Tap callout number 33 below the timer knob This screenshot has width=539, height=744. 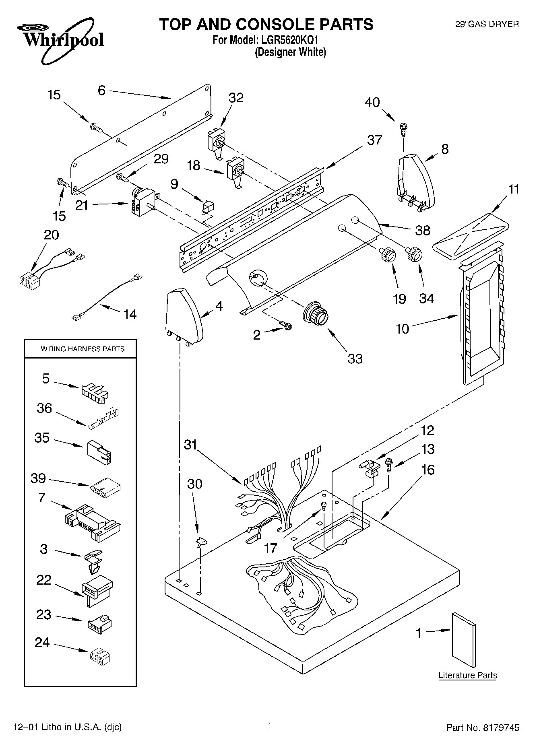pyautogui.click(x=355, y=359)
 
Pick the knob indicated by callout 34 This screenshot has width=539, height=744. pyautogui.click(x=414, y=254)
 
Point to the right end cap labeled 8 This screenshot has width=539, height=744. pyautogui.click(x=416, y=181)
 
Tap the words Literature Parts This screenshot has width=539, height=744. pyautogui.click(x=467, y=675)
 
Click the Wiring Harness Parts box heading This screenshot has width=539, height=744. pyautogui.click(x=83, y=349)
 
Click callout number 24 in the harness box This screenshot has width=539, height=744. pyautogui.click(x=42, y=643)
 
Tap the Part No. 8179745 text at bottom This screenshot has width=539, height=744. pyautogui.click(x=483, y=728)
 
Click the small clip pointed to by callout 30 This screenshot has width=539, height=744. pyautogui.click(x=200, y=542)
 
